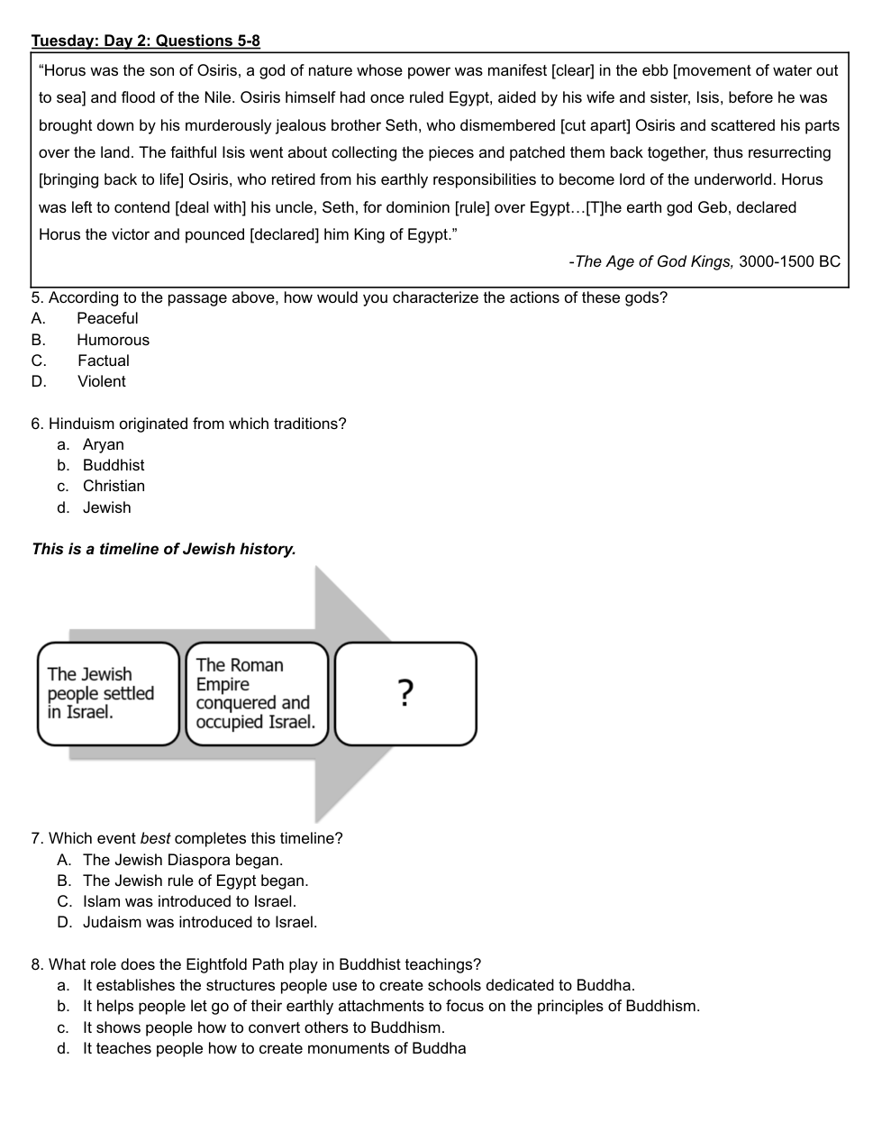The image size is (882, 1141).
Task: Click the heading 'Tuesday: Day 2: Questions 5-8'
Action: [x=145, y=41]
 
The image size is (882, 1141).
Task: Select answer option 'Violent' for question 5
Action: [x=101, y=381]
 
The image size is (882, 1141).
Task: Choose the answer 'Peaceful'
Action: [x=107, y=318]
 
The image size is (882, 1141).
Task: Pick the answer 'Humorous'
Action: [x=113, y=340]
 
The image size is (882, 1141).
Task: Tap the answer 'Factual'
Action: [x=103, y=361]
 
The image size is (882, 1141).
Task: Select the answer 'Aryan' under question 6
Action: [x=103, y=444]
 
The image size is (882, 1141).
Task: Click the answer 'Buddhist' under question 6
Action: [x=114, y=465]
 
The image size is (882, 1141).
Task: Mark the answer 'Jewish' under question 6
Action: [x=106, y=507]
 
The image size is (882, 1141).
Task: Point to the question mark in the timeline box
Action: [x=405, y=693]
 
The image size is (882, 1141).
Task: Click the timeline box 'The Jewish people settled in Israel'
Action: [x=108, y=693]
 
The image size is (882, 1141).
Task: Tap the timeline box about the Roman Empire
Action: [x=257, y=693]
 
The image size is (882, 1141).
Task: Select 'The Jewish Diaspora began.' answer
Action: [x=182, y=860]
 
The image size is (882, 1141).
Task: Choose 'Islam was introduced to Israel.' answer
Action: [x=189, y=901]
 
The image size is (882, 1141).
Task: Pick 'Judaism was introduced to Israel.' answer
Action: [x=199, y=922]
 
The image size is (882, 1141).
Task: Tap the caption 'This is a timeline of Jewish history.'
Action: [x=163, y=549]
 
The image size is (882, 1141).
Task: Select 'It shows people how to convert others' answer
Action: [x=263, y=1027]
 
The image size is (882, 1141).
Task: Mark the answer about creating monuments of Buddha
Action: [x=274, y=1048]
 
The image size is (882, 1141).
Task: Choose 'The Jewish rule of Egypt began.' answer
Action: [x=195, y=881]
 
